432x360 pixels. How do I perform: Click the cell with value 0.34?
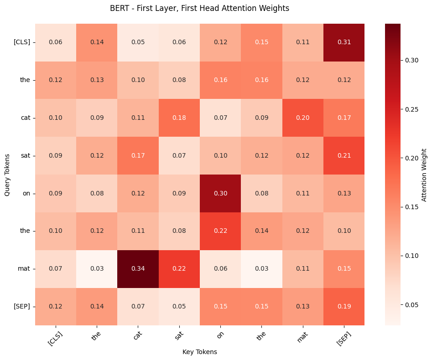click(138, 269)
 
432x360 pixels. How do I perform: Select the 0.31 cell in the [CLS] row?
click(344, 42)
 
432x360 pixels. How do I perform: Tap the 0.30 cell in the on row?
click(220, 193)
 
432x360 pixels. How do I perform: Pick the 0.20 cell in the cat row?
click(302, 118)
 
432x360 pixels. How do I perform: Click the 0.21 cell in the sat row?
click(344, 155)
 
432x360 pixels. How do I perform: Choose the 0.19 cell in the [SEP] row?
click(344, 307)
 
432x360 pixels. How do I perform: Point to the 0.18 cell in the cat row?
click(179, 118)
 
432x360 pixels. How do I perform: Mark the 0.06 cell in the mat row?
click(220, 269)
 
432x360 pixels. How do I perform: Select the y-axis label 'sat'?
click(25, 155)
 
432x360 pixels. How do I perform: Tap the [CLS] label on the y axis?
click(22, 42)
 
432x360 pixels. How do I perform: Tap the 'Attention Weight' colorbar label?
click(424, 175)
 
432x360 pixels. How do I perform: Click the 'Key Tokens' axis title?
click(200, 352)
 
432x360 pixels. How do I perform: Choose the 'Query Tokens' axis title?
click(7, 175)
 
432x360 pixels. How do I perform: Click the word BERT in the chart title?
click(120, 8)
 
